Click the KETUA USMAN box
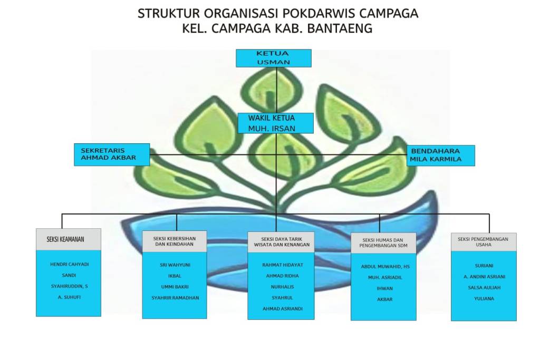click(273, 58)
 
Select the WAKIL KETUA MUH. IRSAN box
click(275, 123)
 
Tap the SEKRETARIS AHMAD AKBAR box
click(111, 154)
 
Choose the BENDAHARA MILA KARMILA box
click(440, 155)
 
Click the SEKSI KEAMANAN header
click(68, 239)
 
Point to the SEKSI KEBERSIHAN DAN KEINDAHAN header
click(174, 241)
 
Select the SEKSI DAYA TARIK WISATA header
click(281, 242)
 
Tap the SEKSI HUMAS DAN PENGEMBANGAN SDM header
click(383, 243)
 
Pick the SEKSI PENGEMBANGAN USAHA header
click(483, 241)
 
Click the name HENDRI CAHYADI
click(69, 264)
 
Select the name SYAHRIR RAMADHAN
click(175, 298)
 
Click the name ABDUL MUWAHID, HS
click(385, 267)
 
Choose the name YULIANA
click(483, 299)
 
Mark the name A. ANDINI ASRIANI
click(484, 277)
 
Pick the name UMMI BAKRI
click(175, 287)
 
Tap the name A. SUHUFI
click(69, 297)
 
